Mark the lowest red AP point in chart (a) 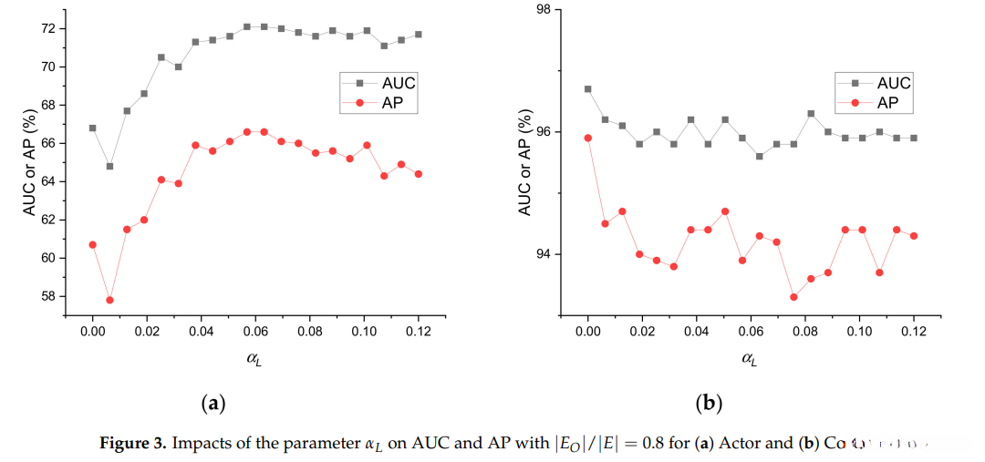109,300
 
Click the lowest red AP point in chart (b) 793,297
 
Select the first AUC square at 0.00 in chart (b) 588,89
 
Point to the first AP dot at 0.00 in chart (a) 93,244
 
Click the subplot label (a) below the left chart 212,402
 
